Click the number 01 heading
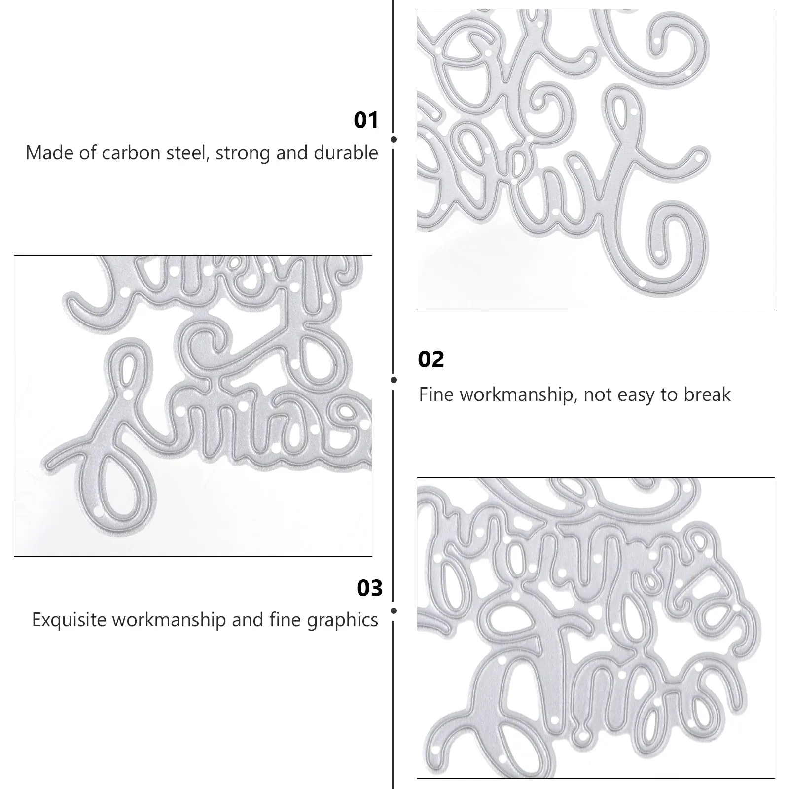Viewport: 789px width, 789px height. click(366, 121)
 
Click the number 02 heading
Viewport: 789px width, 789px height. click(430, 359)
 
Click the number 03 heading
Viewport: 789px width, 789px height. click(369, 588)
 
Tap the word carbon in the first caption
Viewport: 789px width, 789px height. click(129, 153)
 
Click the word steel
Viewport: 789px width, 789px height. click(187, 153)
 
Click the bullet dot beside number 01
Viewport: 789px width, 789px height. click(394, 140)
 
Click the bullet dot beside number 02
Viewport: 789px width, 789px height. click(394, 380)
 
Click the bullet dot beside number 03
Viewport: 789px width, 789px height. click(394, 610)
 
